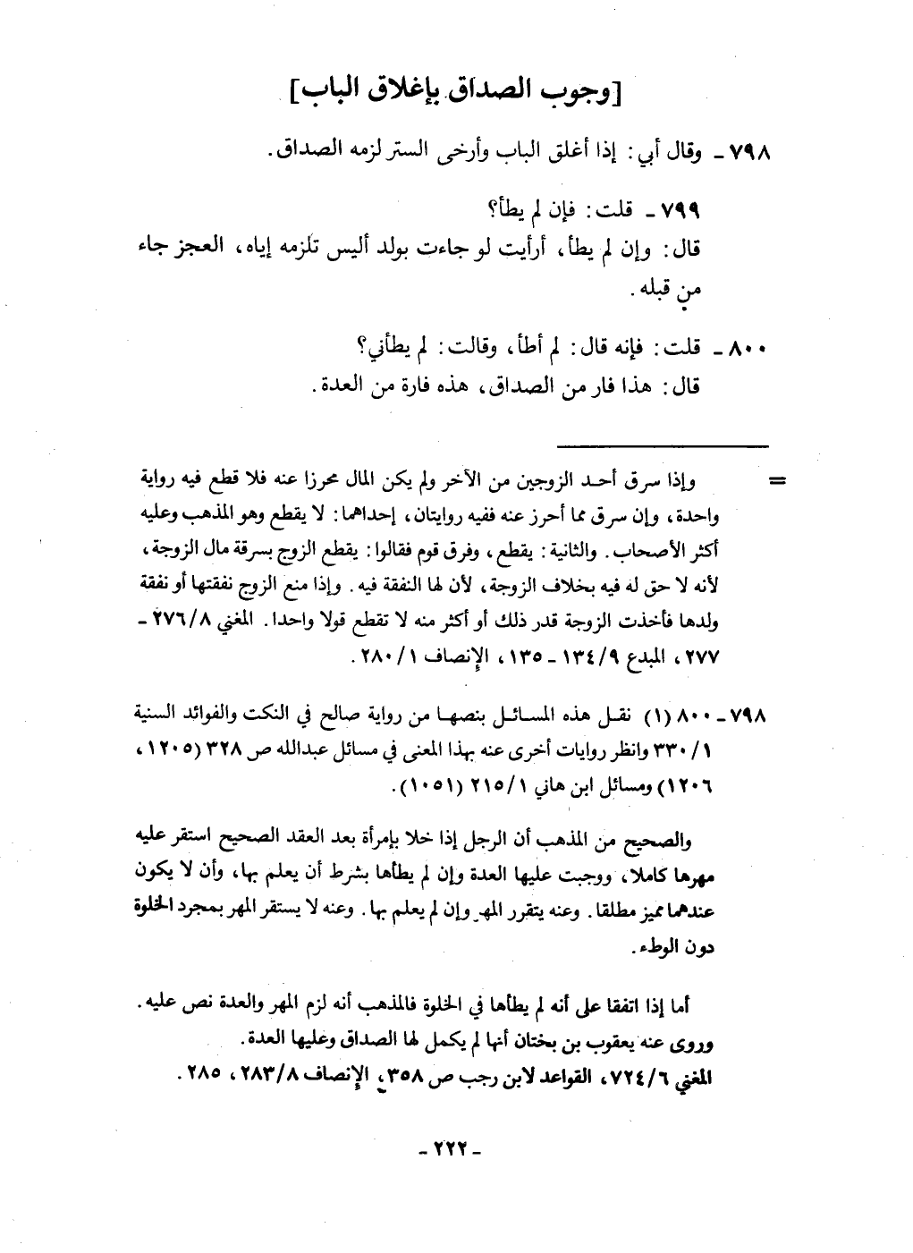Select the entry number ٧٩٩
pos(679,211)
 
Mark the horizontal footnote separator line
pos(664,444)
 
